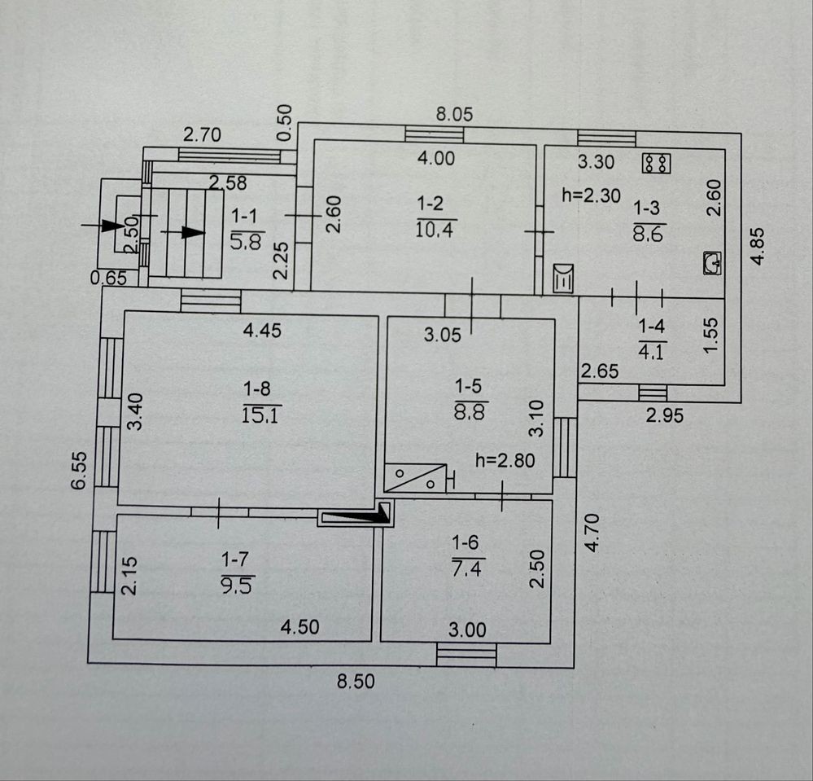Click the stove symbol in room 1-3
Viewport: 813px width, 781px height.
click(657, 164)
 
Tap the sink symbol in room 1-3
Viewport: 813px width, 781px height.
click(712, 263)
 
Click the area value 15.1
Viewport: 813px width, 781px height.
click(260, 415)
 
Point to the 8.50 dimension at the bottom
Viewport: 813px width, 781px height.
click(356, 681)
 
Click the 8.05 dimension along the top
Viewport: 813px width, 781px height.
click(454, 114)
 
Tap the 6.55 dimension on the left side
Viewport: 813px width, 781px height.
click(79, 471)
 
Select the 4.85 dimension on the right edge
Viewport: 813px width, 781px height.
click(758, 247)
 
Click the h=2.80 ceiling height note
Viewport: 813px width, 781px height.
click(505, 460)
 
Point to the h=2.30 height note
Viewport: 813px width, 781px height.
click(591, 195)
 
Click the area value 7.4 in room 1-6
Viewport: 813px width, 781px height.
click(466, 568)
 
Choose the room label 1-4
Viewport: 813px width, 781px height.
click(651, 327)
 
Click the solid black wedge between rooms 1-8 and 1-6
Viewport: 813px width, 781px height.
click(357, 514)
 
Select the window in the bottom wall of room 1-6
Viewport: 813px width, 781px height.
click(466, 655)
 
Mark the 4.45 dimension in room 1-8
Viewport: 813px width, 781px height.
click(262, 330)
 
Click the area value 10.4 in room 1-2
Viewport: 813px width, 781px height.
click(435, 229)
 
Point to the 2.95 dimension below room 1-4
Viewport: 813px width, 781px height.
click(665, 415)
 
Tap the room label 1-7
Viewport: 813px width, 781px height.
click(235, 559)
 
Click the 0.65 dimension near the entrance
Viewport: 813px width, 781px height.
click(108, 279)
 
